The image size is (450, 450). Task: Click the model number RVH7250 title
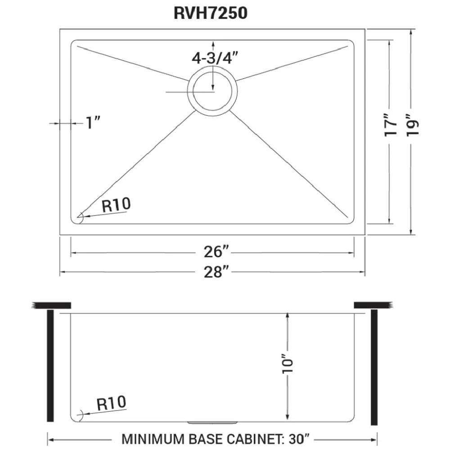pyautogui.click(x=210, y=13)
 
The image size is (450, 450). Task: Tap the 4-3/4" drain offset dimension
pyautogui.click(x=215, y=58)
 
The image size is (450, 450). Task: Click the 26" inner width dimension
pyautogui.click(x=217, y=252)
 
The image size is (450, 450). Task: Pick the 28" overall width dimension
pyautogui.click(x=217, y=271)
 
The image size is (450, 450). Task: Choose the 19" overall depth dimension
pyautogui.click(x=413, y=125)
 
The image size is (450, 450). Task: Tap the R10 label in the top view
pyautogui.click(x=116, y=205)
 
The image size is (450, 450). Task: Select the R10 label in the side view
pyautogui.click(x=111, y=403)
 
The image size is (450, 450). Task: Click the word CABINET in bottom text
pyautogui.click(x=249, y=439)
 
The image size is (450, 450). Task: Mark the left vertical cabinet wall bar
pyautogui.click(x=50, y=365)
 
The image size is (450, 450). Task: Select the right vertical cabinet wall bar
pyautogui.click(x=374, y=367)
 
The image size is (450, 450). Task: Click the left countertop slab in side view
pyautogui.click(x=51, y=306)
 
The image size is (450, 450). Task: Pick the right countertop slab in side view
pyautogui.click(x=373, y=306)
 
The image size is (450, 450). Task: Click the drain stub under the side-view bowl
pyautogui.click(x=212, y=423)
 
